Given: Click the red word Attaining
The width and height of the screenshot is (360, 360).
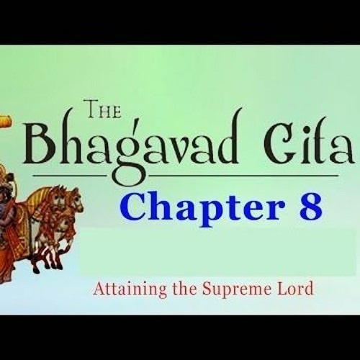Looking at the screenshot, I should (x=121, y=289).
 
